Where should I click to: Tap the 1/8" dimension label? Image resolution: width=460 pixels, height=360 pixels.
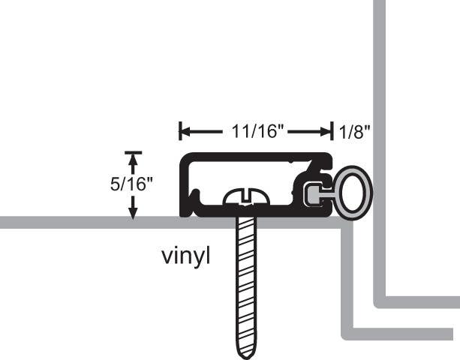pos(354,133)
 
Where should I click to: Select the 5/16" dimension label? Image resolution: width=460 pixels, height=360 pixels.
pos(131,184)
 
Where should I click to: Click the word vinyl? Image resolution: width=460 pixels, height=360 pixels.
pos(186,256)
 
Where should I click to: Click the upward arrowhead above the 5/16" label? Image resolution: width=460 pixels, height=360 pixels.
pos(134,160)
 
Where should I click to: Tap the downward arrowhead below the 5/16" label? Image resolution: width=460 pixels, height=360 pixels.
pos(134,211)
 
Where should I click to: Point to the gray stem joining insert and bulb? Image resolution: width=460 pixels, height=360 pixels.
pos(328,196)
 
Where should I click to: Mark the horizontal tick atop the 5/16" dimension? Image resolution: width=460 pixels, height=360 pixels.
pos(134,152)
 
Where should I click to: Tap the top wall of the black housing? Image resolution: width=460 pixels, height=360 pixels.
pos(248,157)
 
